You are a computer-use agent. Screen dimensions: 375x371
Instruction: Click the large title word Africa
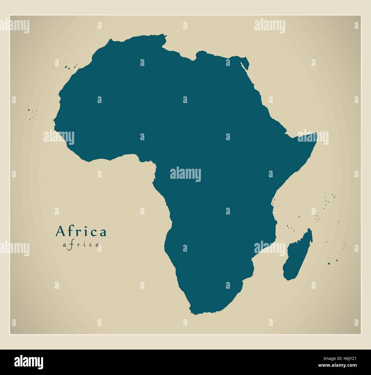(81, 232)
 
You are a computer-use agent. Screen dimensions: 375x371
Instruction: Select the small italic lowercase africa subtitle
(81, 244)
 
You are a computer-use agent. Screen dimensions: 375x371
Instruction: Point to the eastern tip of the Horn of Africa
(317, 133)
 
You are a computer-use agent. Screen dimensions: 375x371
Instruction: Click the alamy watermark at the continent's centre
(185, 175)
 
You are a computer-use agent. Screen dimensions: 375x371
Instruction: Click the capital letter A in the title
(60, 232)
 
